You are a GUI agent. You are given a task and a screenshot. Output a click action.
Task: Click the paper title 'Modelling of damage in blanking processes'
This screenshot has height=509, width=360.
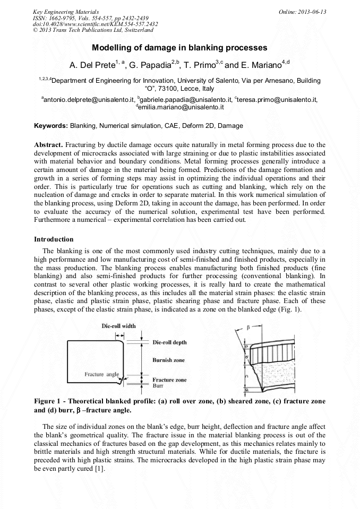tap(179, 48)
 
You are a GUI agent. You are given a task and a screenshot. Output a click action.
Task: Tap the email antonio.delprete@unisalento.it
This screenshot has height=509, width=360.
tap(88, 99)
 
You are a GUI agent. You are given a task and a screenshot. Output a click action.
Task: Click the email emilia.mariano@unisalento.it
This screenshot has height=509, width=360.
tap(180, 107)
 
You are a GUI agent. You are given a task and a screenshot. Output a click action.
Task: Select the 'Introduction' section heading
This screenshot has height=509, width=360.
tap(54, 239)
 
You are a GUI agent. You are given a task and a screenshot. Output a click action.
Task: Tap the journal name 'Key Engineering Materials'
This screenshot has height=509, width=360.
tap(65, 12)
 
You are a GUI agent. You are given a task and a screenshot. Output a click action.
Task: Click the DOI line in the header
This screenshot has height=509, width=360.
tap(88, 24)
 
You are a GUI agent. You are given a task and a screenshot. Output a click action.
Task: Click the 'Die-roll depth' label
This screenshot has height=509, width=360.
tap(171, 342)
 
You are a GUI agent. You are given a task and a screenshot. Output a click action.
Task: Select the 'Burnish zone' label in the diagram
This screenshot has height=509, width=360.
tap(168, 360)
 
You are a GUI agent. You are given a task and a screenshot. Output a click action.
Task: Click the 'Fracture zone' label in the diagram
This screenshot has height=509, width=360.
tap(169, 380)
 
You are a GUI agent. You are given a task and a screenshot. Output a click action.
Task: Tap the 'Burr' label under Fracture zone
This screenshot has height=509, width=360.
tap(158, 386)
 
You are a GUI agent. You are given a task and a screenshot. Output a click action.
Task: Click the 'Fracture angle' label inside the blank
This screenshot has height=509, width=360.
tap(101, 374)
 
